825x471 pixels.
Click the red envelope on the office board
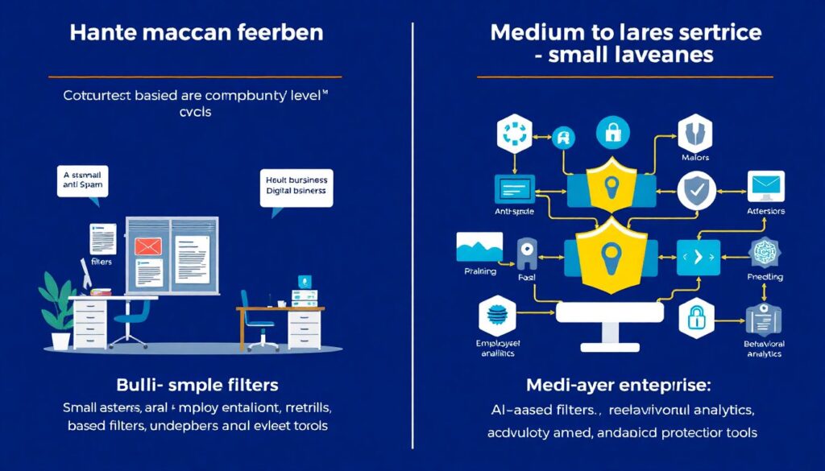pyautogui.click(x=149, y=246)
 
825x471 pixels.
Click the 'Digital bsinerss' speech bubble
pyautogui.click(x=296, y=187)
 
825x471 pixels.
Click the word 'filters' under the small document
pyautogui.click(x=102, y=262)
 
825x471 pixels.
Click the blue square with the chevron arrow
pyautogui.click(x=698, y=257)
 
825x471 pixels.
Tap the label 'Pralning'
pyautogui.click(x=481, y=273)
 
